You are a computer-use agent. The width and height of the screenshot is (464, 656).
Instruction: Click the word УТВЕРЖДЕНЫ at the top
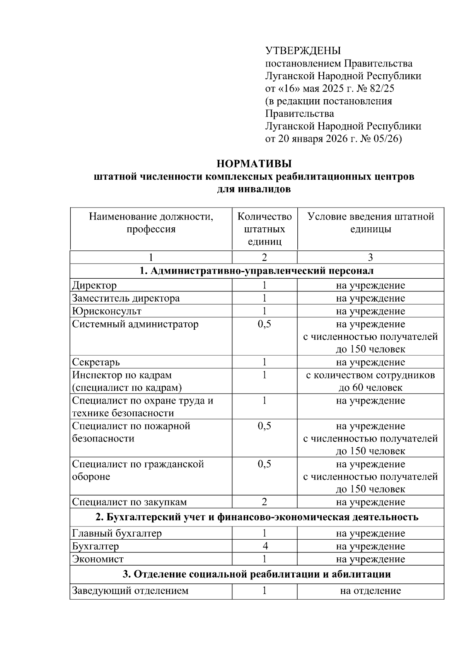coord(303,51)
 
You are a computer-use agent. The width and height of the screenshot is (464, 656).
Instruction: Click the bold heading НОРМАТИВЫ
coord(254,164)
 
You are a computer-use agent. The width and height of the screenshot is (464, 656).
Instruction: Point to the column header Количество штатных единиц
coord(264,229)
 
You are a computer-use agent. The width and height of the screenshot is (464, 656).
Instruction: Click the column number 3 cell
coord(370,257)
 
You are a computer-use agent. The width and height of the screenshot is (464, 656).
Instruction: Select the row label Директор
coord(94,286)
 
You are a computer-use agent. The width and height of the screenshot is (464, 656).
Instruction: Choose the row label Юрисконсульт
coord(107,311)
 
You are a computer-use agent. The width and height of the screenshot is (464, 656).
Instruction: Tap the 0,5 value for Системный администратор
coord(264,324)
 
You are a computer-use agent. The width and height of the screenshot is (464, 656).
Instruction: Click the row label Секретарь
coord(96,362)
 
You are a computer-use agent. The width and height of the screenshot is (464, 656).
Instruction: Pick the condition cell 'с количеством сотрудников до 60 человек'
coord(370,381)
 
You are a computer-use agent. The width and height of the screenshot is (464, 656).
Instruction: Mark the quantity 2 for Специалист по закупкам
coord(264,502)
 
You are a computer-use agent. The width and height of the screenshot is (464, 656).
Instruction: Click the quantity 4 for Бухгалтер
coord(264,546)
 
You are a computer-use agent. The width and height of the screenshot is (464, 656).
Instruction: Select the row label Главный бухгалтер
coord(117,533)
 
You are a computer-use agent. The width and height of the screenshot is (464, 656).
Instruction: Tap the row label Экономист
coord(98,559)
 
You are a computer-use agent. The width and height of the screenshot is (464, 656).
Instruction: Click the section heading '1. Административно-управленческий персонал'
coord(257,271)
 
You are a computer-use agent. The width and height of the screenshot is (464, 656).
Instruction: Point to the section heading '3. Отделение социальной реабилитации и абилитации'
coord(257,574)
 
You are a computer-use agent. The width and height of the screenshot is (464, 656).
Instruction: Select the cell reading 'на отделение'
coord(370,591)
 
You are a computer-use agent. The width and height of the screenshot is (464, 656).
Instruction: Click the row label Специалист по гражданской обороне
coord(138,470)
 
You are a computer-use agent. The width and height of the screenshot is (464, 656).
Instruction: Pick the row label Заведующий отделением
coord(130,591)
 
